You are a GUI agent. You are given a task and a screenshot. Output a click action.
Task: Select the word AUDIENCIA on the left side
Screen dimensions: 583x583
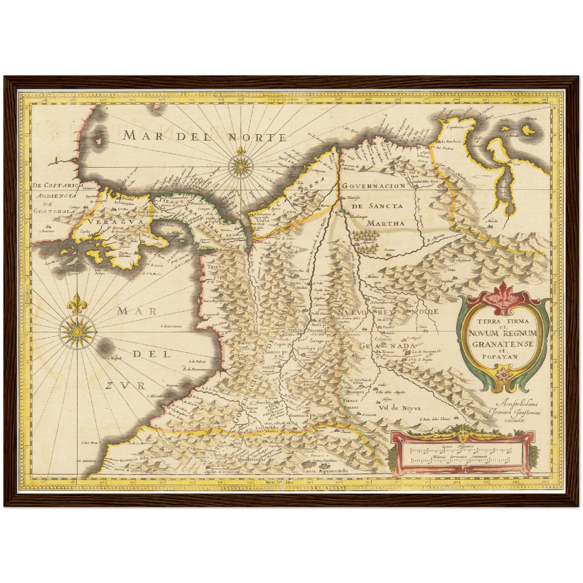56,196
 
